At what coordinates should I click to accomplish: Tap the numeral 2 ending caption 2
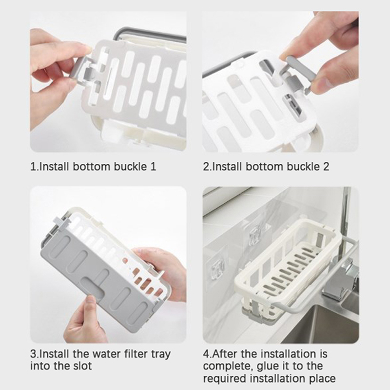(x=326, y=166)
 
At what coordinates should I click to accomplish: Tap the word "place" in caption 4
(x=323, y=379)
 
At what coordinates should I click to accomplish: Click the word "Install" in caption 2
(x=227, y=166)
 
